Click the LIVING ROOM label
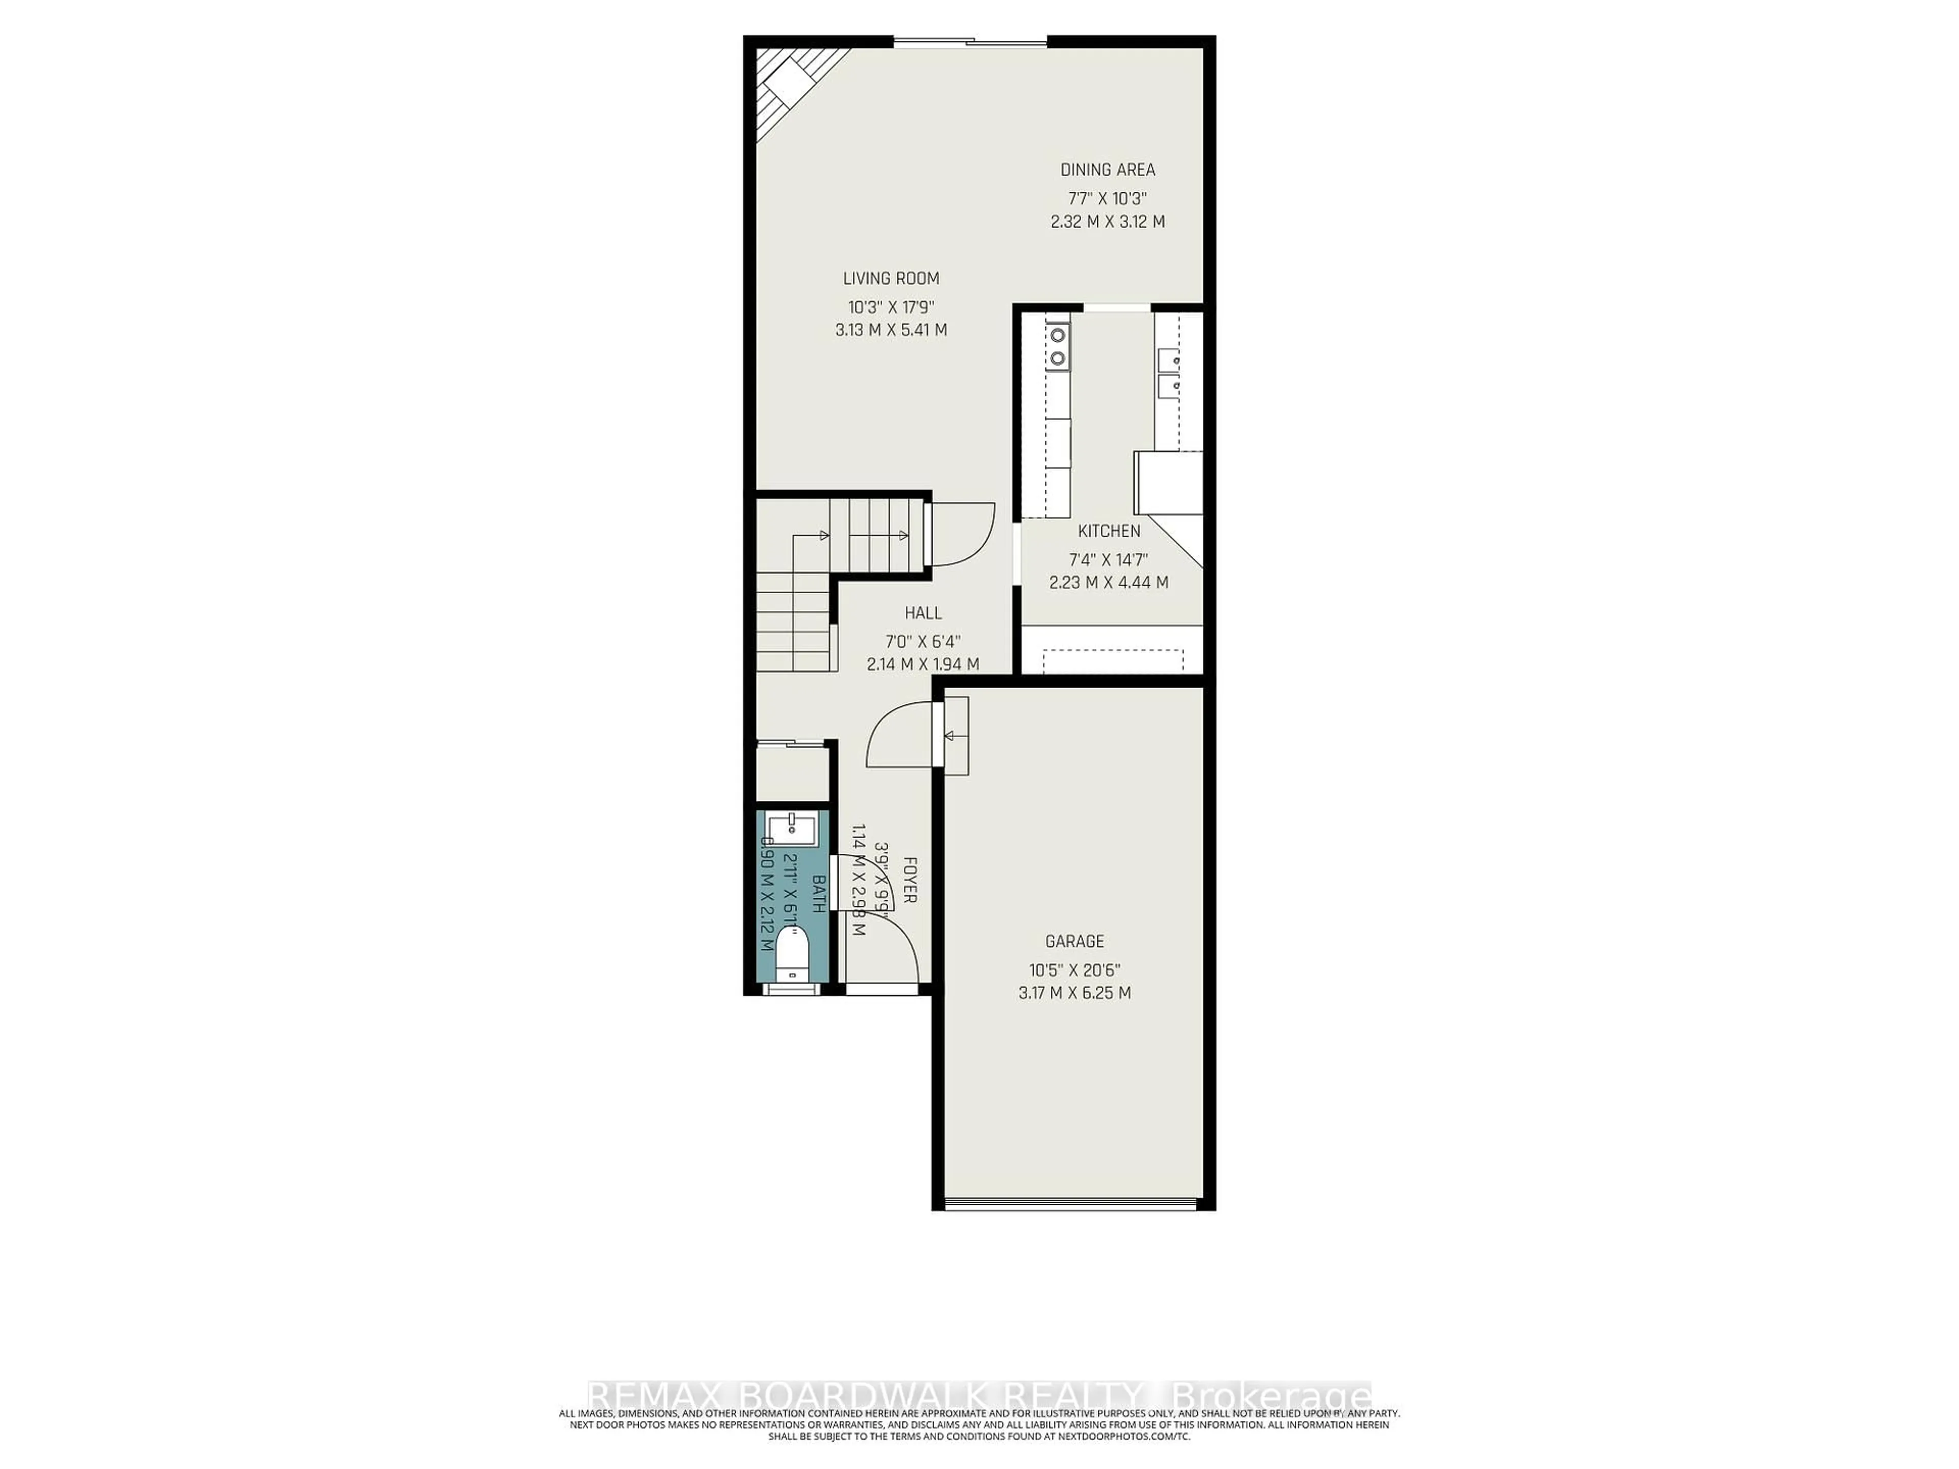[x=890, y=278]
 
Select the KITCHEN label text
[x=1109, y=531]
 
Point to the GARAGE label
[x=1074, y=941]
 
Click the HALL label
[x=923, y=613]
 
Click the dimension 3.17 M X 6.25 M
[x=1074, y=993]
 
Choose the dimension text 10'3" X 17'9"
[x=891, y=307]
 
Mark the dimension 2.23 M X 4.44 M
[x=1109, y=582]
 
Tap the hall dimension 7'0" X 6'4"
[x=923, y=641]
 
